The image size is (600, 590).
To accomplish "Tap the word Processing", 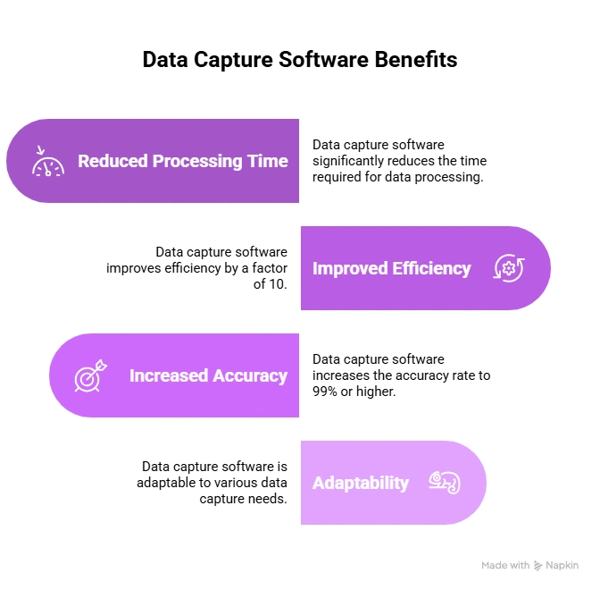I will point(198,162).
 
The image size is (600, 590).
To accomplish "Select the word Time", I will point(269,162).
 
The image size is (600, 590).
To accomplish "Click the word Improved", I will point(350,268).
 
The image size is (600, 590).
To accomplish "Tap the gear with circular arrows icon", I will point(509,268).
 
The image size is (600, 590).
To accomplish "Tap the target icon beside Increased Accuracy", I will point(89,375).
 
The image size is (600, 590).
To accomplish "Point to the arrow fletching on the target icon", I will point(101,364).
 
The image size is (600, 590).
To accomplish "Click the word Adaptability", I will point(361,483).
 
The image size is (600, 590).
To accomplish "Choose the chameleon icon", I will point(444,483).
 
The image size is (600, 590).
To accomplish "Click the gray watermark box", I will point(528,565).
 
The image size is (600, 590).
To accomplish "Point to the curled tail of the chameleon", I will point(454,486).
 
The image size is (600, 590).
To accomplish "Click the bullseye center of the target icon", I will point(86,379).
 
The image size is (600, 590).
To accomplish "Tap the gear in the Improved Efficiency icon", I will point(509,268).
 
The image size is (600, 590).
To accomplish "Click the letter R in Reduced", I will point(83,162).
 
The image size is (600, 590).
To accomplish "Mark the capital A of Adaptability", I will point(318,483).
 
